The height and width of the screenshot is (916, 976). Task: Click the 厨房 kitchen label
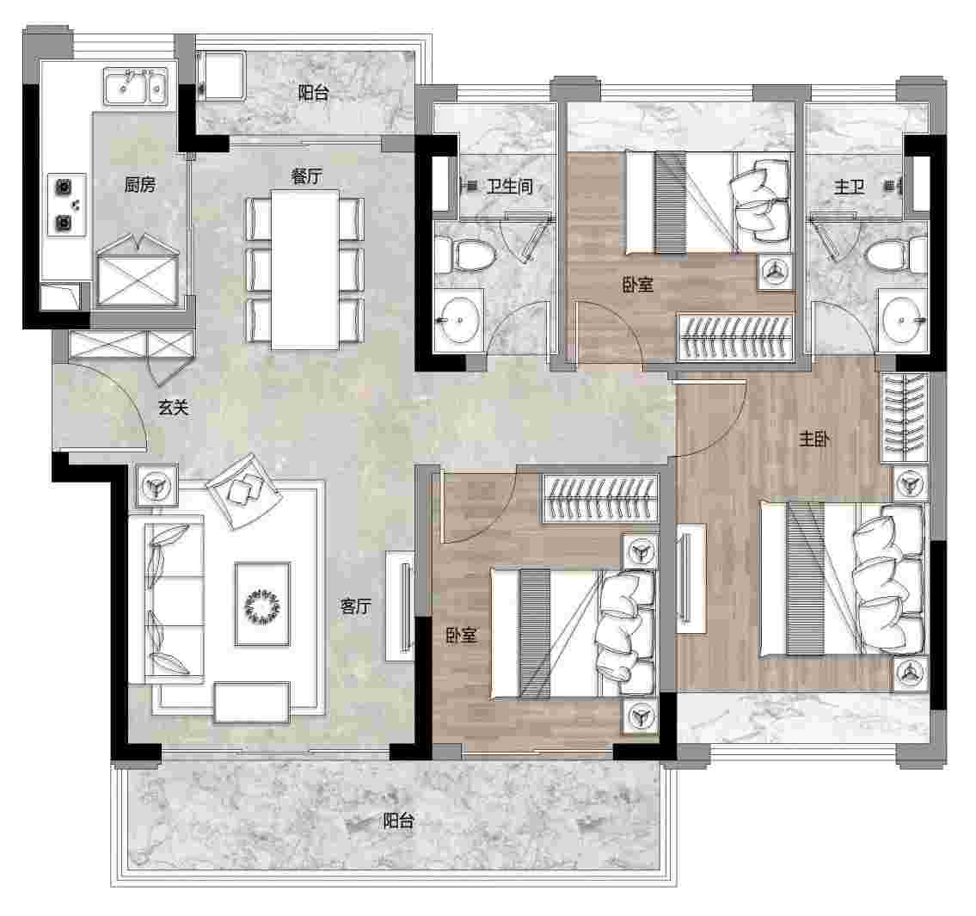139,184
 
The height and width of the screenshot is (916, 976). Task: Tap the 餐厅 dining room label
306,176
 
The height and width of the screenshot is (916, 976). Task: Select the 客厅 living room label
355,606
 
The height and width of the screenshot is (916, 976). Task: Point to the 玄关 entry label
173,407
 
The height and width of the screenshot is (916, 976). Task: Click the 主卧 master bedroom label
814,439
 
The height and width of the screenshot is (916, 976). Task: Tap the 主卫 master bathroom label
849,186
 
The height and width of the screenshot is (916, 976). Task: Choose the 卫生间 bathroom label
509,186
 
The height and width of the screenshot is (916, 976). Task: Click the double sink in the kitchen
135,86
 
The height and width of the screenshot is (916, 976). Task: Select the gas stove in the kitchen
66,204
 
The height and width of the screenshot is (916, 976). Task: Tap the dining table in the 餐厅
305,269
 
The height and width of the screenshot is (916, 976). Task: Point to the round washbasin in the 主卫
902,320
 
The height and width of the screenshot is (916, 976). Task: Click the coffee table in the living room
262,604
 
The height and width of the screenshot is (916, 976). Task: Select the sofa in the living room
166,599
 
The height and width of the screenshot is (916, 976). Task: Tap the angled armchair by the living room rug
244,489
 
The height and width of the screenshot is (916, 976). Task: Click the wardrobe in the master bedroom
905,417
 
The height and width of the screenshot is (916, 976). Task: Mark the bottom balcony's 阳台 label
398,821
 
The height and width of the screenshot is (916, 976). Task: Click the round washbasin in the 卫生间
459,320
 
